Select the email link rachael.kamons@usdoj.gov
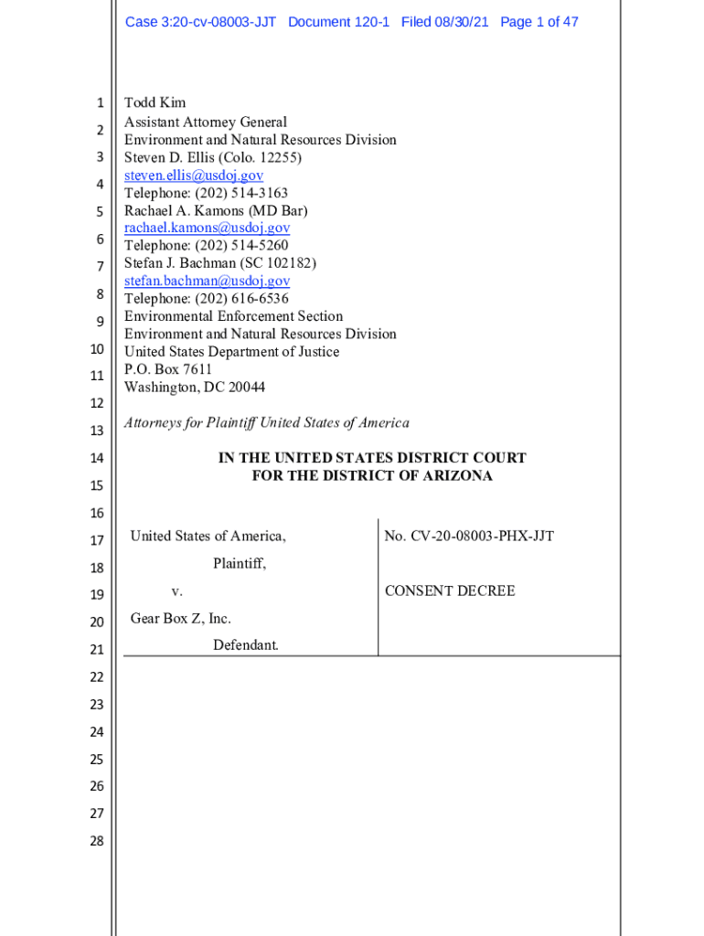(x=207, y=228)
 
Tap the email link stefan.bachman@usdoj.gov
(x=207, y=281)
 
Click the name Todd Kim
(x=155, y=103)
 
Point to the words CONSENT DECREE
(x=450, y=590)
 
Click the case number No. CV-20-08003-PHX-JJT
(x=469, y=536)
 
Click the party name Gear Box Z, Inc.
(x=180, y=619)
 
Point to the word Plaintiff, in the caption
(x=240, y=564)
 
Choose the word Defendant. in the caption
(x=245, y=645)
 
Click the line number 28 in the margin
(x=97, y=841)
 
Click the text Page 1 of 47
(x=539, y=22)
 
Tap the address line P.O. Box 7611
(x=168, y=369)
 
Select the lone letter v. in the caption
(x=176, y=591)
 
